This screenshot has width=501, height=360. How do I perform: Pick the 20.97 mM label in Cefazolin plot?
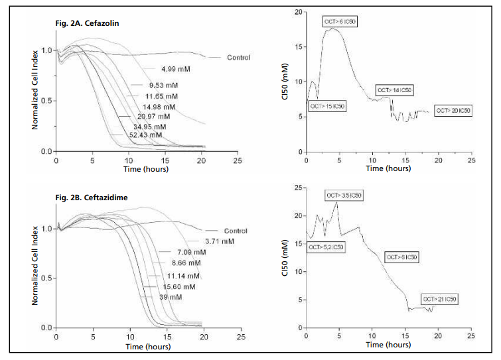[149, 116]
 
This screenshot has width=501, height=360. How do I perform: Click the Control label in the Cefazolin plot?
[238, 58]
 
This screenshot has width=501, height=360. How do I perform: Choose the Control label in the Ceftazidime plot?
[236, 231]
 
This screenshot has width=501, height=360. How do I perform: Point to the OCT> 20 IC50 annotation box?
[453, 111]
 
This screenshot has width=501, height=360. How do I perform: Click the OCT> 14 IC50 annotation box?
[394, 90]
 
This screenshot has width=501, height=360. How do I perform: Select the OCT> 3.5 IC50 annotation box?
[344, 196]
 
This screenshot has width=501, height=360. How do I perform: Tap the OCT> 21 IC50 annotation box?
[439, 300]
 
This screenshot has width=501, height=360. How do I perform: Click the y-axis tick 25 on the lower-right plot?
[298, 188]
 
